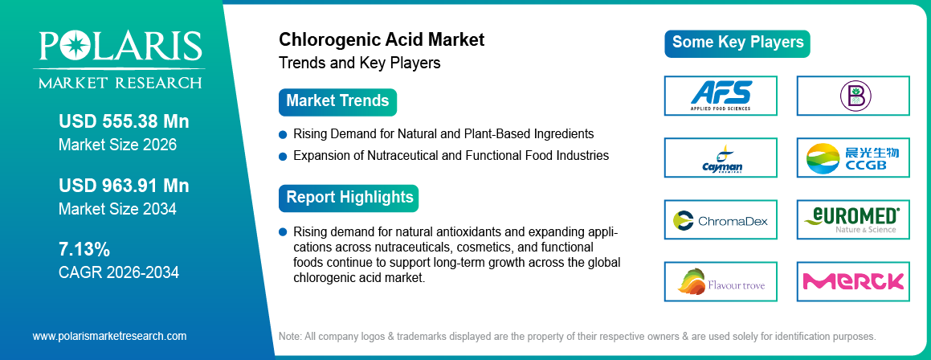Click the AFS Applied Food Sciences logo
coord(721,96)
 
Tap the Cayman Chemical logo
coord(721,157)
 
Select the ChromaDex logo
coord(721,219)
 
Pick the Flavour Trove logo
coord(721,281)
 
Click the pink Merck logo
coord(853,281)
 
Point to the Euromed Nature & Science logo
coord(853,219)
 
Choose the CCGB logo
coord(853,157)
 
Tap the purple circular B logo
coord(853,96)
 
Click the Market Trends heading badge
coord(337,102)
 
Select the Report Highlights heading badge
coord(349,198)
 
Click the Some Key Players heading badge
coord(737,43)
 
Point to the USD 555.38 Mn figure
coord(124,122)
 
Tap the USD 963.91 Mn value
coord(124,186)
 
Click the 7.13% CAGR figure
coord(84,248)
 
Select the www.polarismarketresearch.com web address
coord(109,336)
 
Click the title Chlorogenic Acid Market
coord(382,39)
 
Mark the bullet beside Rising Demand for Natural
coord(283,134)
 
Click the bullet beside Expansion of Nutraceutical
coord(283,156)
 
